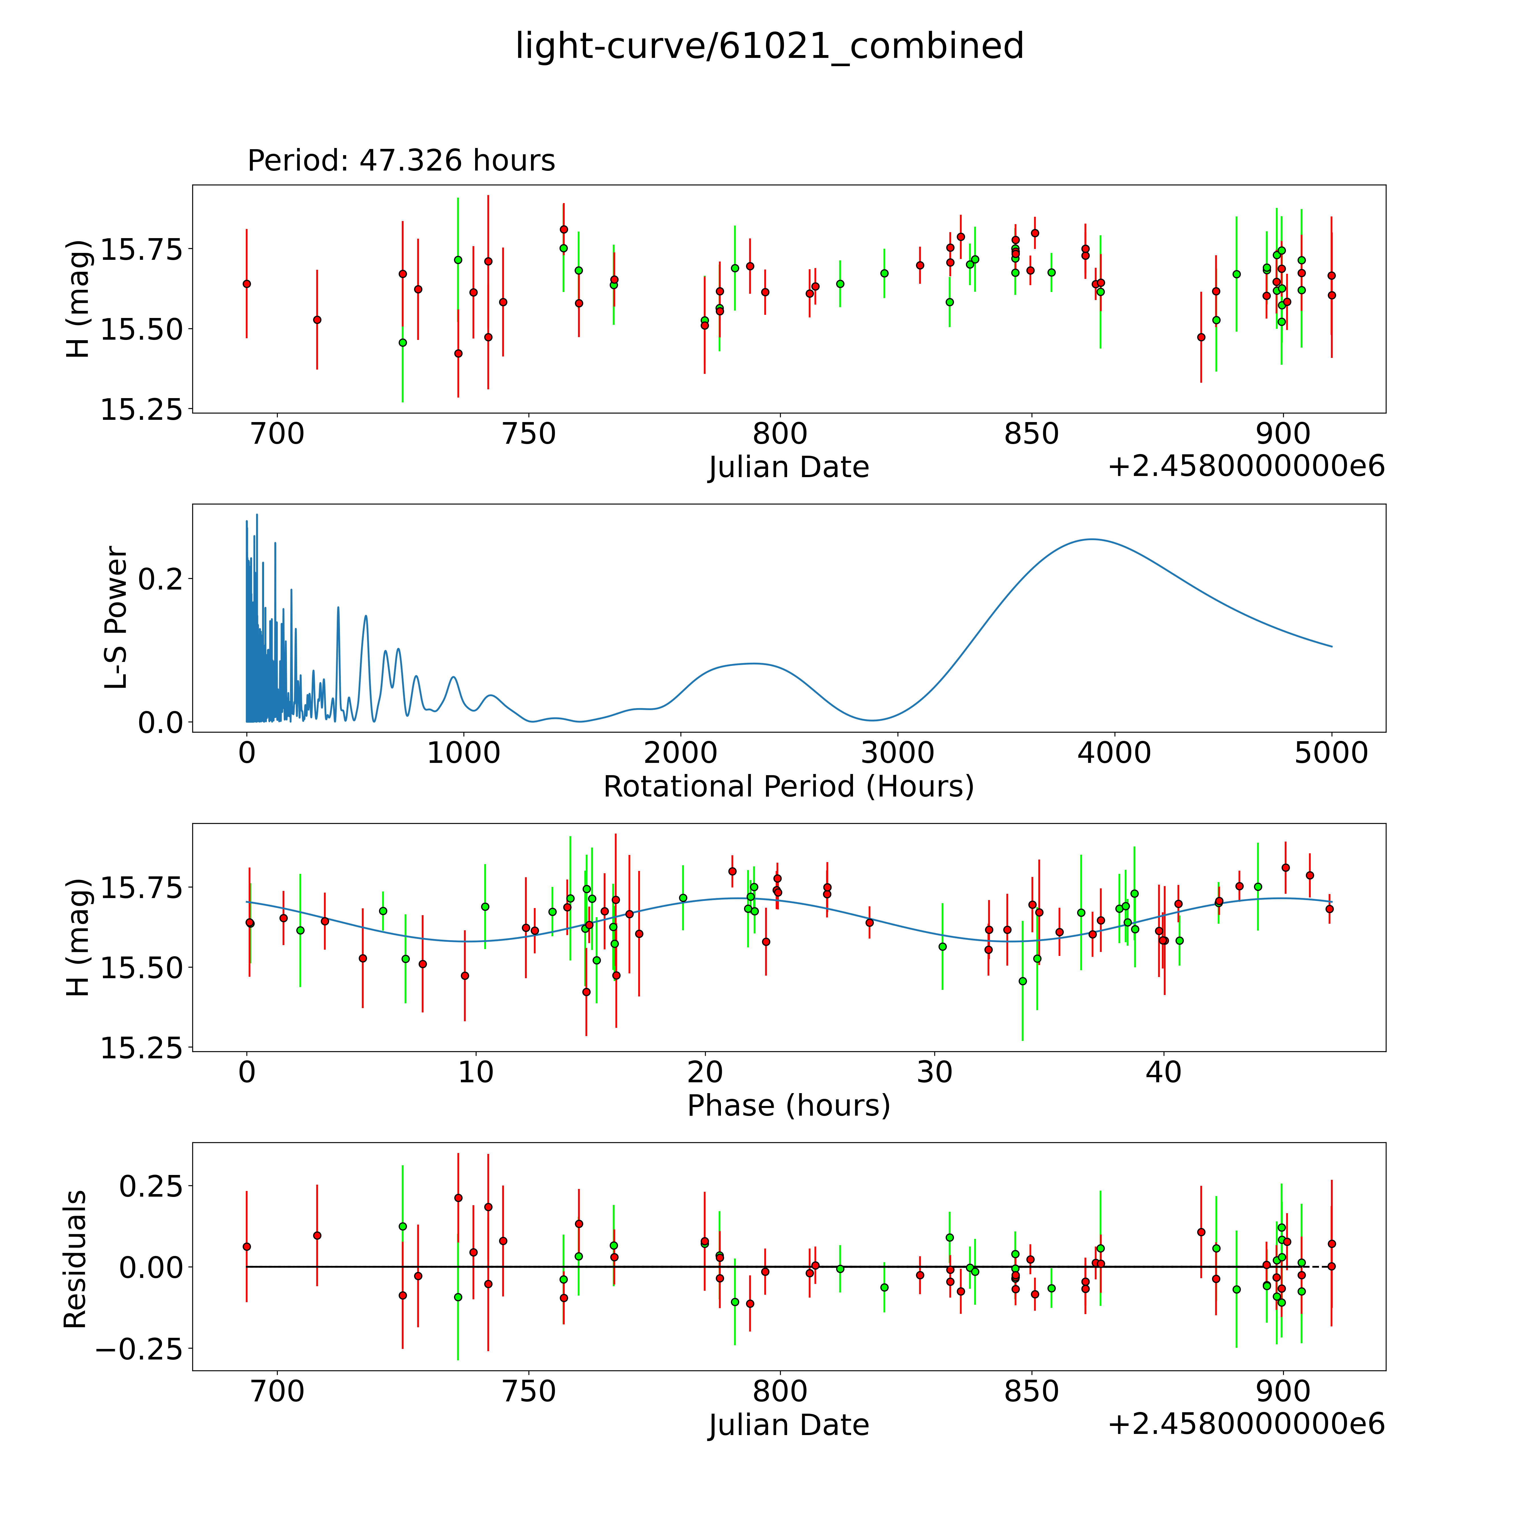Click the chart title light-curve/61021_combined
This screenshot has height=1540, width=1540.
[x=769, y=46]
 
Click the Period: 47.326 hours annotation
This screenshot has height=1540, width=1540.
[x=401, y=161]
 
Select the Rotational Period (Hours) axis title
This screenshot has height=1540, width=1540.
[x=788, y=787]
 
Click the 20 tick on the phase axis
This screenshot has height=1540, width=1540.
[x=706, y=1072]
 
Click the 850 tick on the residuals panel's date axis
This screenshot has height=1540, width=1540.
[x=1032, y=1392]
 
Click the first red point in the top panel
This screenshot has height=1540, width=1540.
[x=247, y=284]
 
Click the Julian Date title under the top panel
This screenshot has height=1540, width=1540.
[x=788, y=467]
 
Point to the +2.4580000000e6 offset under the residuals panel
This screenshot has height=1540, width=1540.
[x=1246, y=1425]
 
